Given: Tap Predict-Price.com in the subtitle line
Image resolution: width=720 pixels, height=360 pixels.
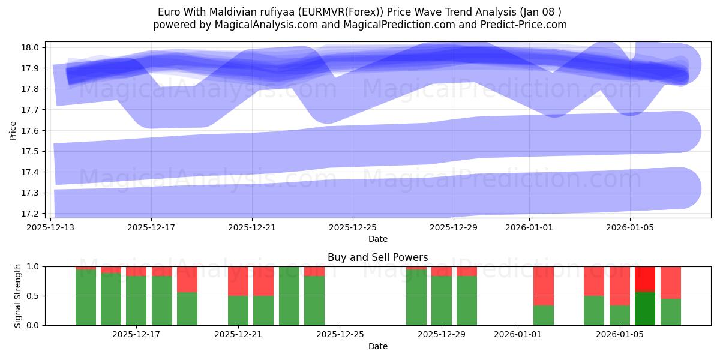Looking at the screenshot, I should (x=520, y=25).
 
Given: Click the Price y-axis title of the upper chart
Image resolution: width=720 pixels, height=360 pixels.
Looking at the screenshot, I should (x=13, y=130).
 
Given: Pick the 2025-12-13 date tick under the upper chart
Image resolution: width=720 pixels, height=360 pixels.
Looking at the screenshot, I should (x=50, y=227).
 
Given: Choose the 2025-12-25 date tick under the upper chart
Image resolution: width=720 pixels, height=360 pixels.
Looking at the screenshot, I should (x=353, y=227).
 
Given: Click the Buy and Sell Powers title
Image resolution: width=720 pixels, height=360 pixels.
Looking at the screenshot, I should (x=377, y=257).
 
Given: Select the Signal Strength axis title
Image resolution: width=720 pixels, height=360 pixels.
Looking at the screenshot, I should (x=18, y=296).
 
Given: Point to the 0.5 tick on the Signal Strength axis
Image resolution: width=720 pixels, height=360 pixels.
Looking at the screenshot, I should (x=34, y=296).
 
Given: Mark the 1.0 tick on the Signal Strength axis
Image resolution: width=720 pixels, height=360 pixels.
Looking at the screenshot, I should (x=34, y=266).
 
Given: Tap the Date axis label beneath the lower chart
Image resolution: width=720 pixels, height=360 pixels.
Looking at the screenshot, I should (x=377, y=346).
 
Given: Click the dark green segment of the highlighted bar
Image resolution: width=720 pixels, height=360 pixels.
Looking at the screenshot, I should (x=645, y=308).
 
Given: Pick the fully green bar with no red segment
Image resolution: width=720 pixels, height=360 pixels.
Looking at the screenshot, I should (x=289, y=296).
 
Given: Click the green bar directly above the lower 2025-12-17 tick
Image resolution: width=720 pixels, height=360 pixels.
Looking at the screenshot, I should (x=136, y=301).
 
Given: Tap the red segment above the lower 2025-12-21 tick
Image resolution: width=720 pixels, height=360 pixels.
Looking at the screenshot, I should (x=238, y=281).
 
